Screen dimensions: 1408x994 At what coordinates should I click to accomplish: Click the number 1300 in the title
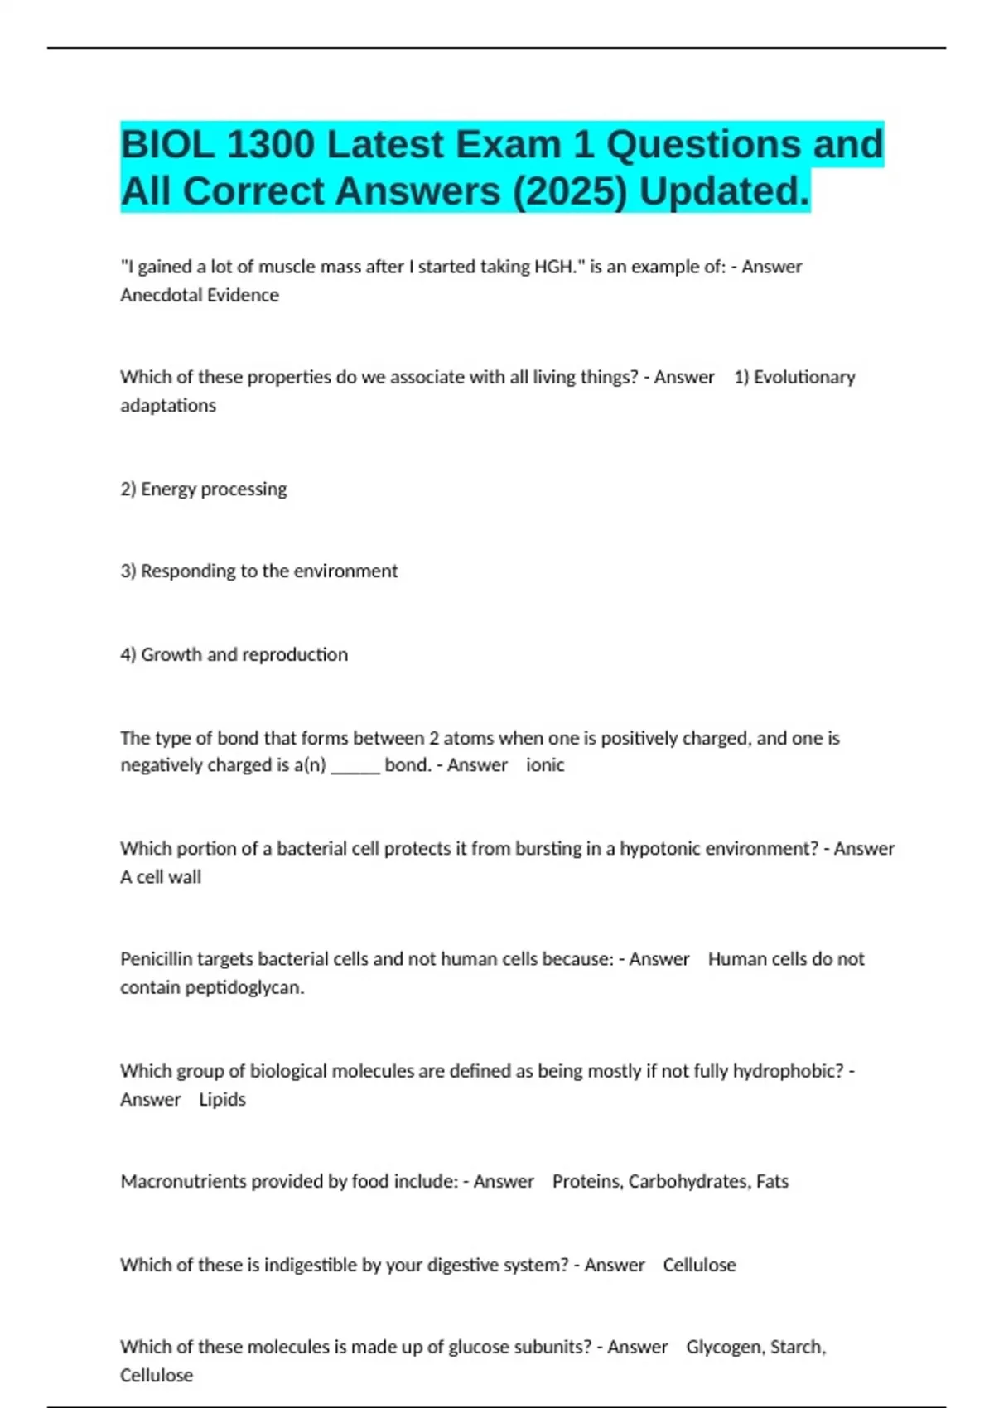coord(270,145)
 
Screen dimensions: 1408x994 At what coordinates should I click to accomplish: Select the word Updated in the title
coord(723,191)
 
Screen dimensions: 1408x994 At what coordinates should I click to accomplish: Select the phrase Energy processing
coord(214,489)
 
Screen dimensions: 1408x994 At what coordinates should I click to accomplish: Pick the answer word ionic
coord(545,764)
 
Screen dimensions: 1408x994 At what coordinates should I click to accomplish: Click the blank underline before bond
coord(355,767)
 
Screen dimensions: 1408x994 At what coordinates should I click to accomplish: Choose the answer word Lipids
coord(222,1099)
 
